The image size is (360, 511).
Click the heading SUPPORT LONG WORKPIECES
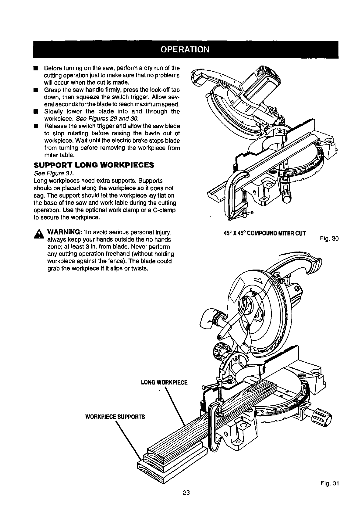coord(94,165)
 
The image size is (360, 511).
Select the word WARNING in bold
coord(64,232)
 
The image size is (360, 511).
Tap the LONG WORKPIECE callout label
coord(165,382)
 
